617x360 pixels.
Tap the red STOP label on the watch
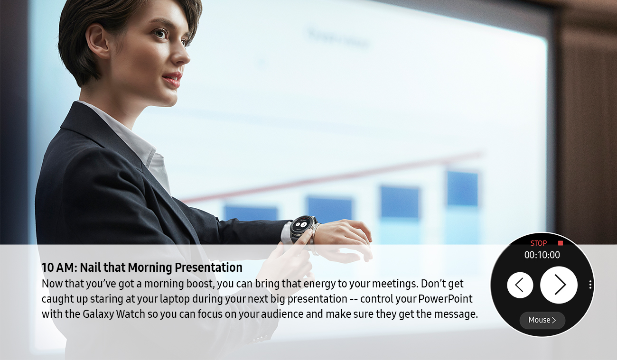[539, 243]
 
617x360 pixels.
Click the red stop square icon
[560, 243]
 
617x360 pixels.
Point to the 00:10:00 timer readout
[542, 255]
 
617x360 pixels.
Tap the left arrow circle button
[520, 285]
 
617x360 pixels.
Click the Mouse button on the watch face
[542, 320]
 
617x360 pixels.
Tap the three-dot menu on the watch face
[590, 285]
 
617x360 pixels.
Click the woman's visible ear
[96, 41]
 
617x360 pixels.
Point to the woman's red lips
[173, 79]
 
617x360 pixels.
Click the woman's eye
[161, 34]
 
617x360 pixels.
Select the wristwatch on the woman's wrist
[302, 227]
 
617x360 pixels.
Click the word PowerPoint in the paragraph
[445, 299]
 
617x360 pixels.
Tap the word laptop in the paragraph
[175, 299]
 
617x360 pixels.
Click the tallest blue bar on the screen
[462, 188]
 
